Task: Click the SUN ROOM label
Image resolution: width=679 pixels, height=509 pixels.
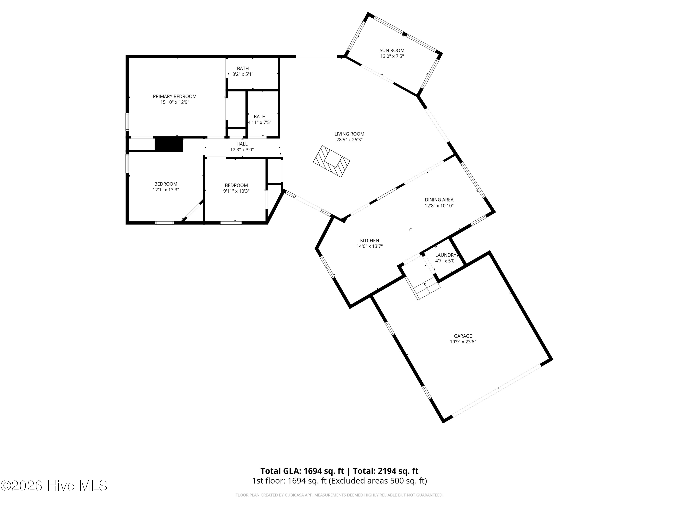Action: coord(392,50)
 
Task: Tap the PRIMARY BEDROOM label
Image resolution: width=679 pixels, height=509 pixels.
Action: coord(175,96)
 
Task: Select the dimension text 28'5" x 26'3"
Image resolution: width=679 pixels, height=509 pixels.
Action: coord(349,140)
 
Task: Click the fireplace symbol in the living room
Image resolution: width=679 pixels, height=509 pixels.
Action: coord(332,161)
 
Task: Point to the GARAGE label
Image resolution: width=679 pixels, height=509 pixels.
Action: coord(463,336)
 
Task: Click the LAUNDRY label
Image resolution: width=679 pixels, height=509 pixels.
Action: coord(446,255)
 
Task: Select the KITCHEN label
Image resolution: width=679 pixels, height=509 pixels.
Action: coord(370,240)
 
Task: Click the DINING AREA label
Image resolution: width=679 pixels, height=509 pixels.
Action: coord(439,200)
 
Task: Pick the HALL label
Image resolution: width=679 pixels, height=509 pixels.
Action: coord(242,144)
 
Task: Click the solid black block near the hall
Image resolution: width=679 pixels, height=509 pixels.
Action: coord(169,145)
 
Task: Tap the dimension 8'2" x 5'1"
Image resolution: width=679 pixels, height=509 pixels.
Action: coord(243,74)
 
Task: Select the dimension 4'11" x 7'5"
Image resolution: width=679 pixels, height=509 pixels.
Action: coord(260,122)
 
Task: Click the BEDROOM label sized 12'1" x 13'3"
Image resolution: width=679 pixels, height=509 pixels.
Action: coord(166,184)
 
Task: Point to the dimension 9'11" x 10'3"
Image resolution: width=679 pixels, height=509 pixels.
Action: coord(236,191)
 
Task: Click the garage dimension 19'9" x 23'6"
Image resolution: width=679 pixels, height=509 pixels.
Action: coord(463,342)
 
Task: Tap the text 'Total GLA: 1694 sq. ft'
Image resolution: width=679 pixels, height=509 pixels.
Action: coord(302,471)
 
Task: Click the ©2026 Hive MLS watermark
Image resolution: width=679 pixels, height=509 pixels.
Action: coord(54,486)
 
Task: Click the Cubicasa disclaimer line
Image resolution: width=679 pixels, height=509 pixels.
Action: coord(339,495)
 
